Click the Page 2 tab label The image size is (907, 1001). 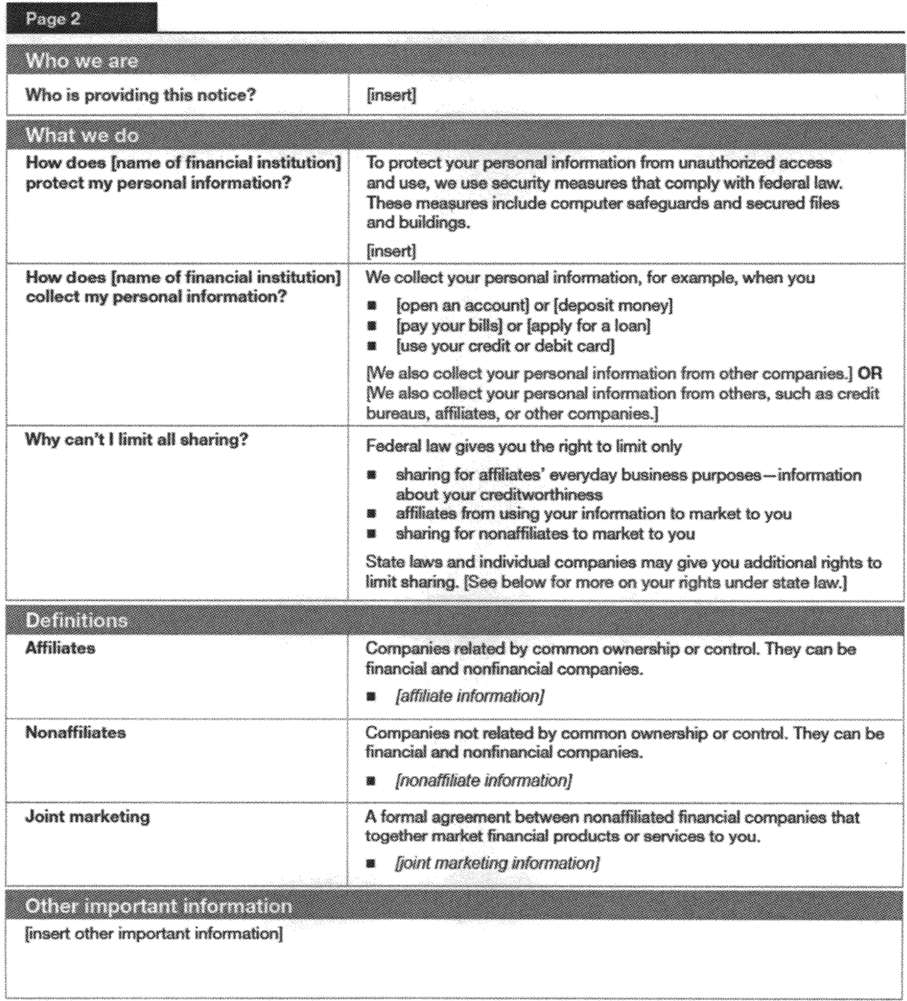pos(53,19)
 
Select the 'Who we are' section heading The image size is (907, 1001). pos(82,61)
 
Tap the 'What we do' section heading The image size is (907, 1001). pos(82,136)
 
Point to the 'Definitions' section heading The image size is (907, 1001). pos(76,620)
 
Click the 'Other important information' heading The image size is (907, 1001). pos(158,906)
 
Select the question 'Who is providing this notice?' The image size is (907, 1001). pos(140,95)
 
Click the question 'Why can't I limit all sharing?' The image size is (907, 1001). pos(137,440)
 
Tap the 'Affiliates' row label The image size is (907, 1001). pos(60,648)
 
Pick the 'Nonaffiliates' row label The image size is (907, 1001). pos(76,733)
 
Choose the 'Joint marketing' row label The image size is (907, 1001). pos(88,816)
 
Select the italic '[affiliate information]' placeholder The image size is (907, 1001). pos(470,697)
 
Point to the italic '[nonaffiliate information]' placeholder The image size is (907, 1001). pos(483,780)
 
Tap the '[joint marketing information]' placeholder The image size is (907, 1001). pos(497,863)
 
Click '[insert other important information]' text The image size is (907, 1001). pos(154,933)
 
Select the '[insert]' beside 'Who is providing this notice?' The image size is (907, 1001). pos(391,95)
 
